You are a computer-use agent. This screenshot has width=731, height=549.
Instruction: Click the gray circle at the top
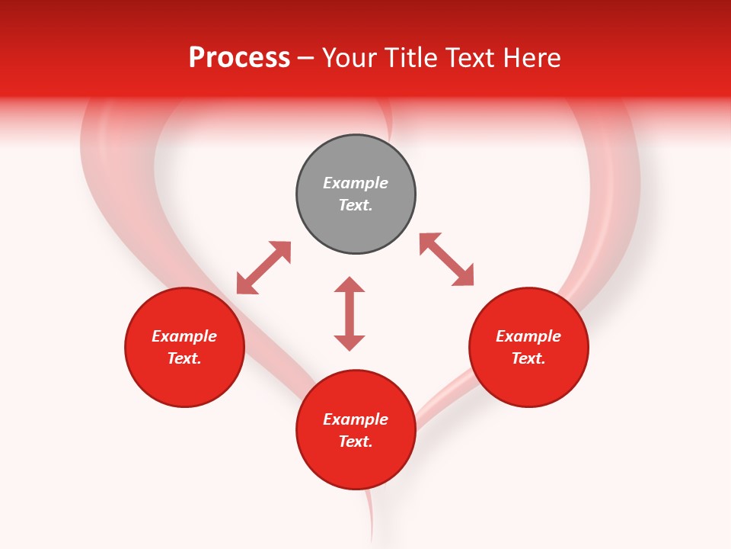(356, 194)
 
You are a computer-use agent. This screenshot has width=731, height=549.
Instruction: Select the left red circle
(184, 347)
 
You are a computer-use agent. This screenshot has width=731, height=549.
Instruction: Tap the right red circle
(528, 347)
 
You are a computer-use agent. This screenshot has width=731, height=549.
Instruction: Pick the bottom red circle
(356, 430)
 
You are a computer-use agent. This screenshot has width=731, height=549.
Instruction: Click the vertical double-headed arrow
(350, 313)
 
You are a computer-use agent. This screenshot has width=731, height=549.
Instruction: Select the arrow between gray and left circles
(263, 268)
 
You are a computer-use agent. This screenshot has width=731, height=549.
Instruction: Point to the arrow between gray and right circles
(446, 259)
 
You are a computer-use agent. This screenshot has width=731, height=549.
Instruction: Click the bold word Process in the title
(239, 58)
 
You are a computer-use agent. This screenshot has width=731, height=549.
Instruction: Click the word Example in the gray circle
(356, 183)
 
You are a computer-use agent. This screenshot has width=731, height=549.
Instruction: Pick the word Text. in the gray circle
(356, 205)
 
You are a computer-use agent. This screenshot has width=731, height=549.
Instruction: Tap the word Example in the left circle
(184, 336)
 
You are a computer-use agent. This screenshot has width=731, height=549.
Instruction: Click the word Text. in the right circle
(528, 358)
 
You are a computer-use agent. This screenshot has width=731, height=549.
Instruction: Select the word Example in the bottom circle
(356, 419)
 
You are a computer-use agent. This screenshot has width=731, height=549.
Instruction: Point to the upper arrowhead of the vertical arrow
(350, 284)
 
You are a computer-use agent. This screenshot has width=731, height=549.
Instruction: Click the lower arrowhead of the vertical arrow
(350, 343)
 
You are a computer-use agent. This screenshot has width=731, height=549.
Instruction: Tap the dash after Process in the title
(306, 59)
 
